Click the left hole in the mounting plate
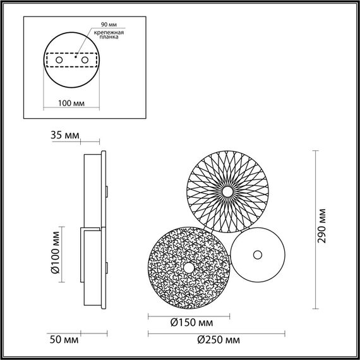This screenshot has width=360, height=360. point(59,60)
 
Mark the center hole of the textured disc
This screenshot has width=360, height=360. point(188,268)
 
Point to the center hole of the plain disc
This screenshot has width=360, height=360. point(257,255)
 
